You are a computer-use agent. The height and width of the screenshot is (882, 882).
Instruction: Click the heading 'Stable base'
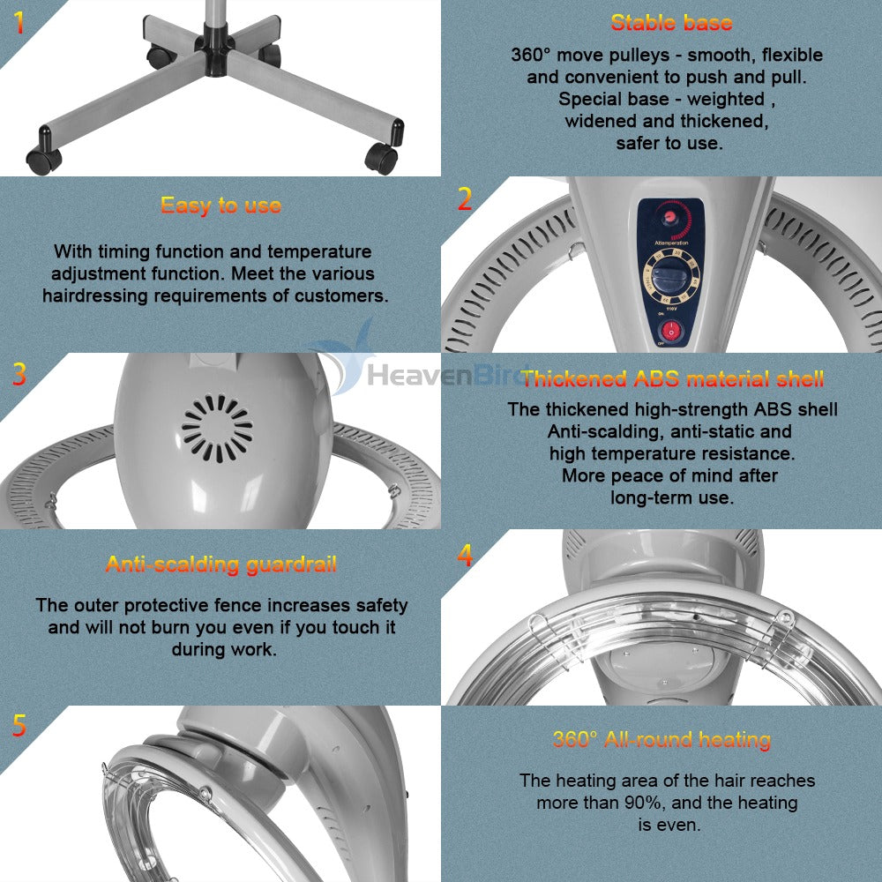pos(671,23)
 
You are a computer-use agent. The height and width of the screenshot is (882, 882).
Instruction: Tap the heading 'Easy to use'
pos(220,206)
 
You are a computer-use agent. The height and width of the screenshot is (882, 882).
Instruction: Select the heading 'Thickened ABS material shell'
pos(672,378)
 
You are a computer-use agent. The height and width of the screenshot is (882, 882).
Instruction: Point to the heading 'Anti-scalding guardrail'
pos(221,564)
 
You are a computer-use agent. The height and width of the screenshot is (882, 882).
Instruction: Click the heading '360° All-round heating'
pos(661,739)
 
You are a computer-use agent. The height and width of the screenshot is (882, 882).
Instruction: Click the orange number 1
pos(19,22)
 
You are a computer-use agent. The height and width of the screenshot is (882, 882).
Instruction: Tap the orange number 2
pos(465,199)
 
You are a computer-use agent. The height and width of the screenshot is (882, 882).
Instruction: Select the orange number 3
pos(19,374)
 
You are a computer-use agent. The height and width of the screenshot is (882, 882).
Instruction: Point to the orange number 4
pos(465,555)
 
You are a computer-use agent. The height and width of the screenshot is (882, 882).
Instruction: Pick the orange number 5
pos(19,726)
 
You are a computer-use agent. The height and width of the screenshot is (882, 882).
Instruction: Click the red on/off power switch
pos(670,331)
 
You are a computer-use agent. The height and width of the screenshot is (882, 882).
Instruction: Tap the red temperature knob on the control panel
pos(670,217)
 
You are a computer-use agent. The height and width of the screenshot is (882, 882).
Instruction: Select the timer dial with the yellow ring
pos(670,277)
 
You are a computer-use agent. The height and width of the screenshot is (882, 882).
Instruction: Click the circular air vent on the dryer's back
pos(217,429)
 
